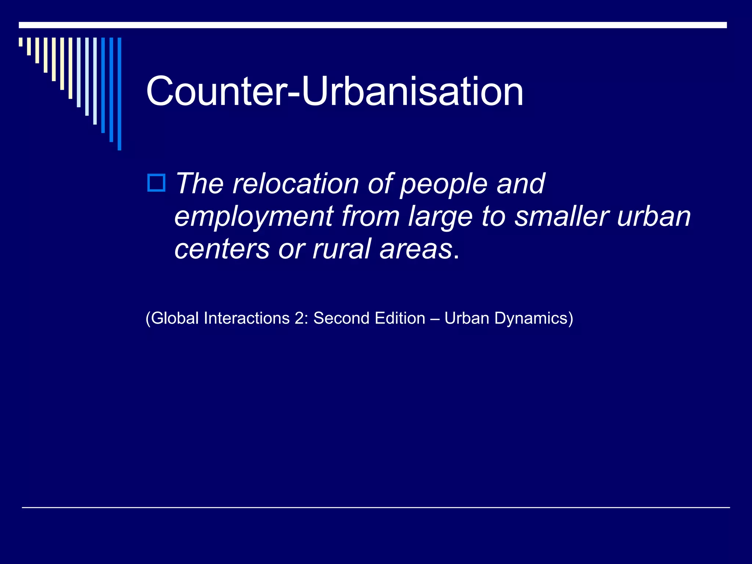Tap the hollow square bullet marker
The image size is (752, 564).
156,183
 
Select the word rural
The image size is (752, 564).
341,249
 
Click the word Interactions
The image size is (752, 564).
247,318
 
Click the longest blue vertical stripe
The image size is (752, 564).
119,94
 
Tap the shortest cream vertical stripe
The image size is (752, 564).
21,42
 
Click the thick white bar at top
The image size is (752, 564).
373,25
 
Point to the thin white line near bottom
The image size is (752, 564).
376,507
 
